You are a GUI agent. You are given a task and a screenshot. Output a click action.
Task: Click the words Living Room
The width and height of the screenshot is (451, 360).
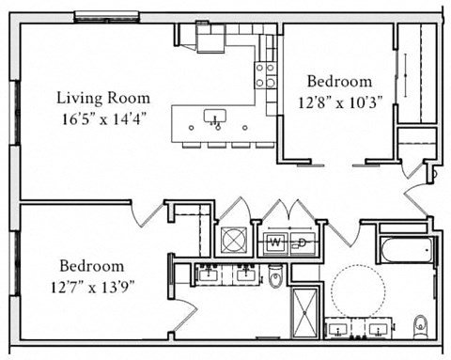(102, 98)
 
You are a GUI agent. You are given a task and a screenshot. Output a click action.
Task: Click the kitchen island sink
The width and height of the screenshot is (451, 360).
(215, 117)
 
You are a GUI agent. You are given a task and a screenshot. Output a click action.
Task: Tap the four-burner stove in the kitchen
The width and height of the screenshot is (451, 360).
(265, 75)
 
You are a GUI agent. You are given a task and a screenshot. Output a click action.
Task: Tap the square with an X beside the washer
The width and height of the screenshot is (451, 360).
(233, 240)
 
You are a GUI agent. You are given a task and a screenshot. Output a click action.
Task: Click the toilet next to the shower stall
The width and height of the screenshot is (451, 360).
(275, 276)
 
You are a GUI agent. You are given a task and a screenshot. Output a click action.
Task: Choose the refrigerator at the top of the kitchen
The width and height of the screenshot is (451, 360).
(210, 37)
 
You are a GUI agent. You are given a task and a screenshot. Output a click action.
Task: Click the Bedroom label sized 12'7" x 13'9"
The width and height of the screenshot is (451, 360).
(92, 265)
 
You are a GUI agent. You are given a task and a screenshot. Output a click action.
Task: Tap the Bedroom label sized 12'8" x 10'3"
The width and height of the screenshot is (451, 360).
(340, 82)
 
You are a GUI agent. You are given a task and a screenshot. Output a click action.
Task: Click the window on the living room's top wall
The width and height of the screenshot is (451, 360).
(106, 16)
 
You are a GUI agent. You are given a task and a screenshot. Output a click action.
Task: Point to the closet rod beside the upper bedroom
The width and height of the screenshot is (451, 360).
(406, 73)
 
